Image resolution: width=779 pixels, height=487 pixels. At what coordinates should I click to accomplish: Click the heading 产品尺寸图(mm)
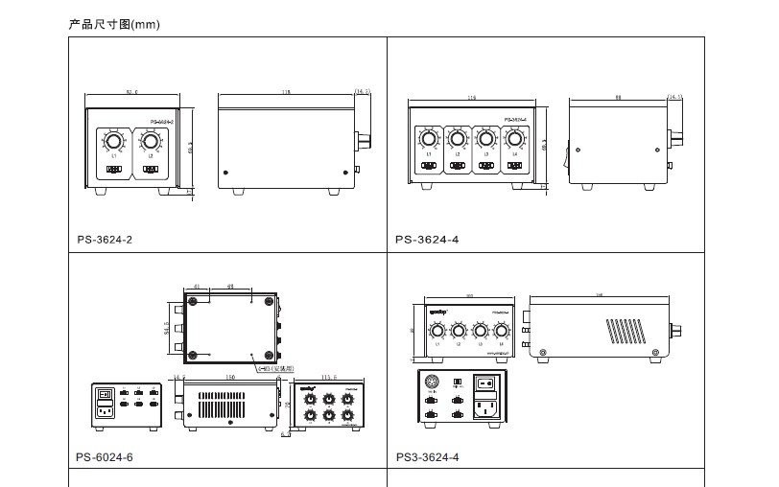[x=114, y=24]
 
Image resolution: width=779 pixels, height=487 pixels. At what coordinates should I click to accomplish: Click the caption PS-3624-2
[x=106, y=239]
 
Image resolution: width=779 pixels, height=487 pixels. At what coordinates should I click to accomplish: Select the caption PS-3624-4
[x=427, y=239]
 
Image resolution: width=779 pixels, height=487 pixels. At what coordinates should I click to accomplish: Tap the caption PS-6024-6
[x=106, y=457]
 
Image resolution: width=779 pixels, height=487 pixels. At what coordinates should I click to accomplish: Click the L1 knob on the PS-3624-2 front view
[x=114, y=143]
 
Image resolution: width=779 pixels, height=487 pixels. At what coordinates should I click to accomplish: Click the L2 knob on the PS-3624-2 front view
[x=151, y=143]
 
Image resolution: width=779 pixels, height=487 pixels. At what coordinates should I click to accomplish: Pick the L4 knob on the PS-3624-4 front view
[x=515, y=140]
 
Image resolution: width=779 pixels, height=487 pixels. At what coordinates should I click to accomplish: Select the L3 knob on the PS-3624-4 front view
[x=486, y=140]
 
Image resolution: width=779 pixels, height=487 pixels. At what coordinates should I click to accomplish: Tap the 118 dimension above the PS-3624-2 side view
[x=285, y=93]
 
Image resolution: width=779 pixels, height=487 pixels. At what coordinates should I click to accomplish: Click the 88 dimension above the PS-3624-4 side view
[x=618, y=97]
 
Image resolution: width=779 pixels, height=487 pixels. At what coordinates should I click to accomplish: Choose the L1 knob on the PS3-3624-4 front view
[x=438, y=332]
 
